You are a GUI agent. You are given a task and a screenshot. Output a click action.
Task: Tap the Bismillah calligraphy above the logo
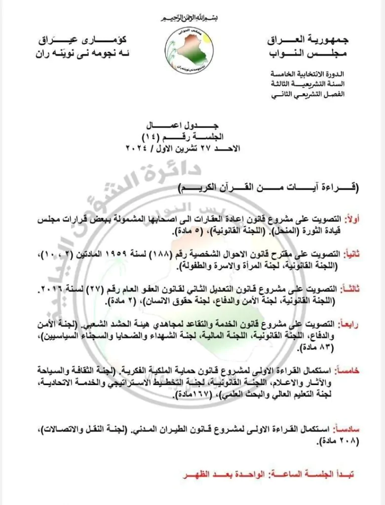pyautogui.click(x=192, y=19)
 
